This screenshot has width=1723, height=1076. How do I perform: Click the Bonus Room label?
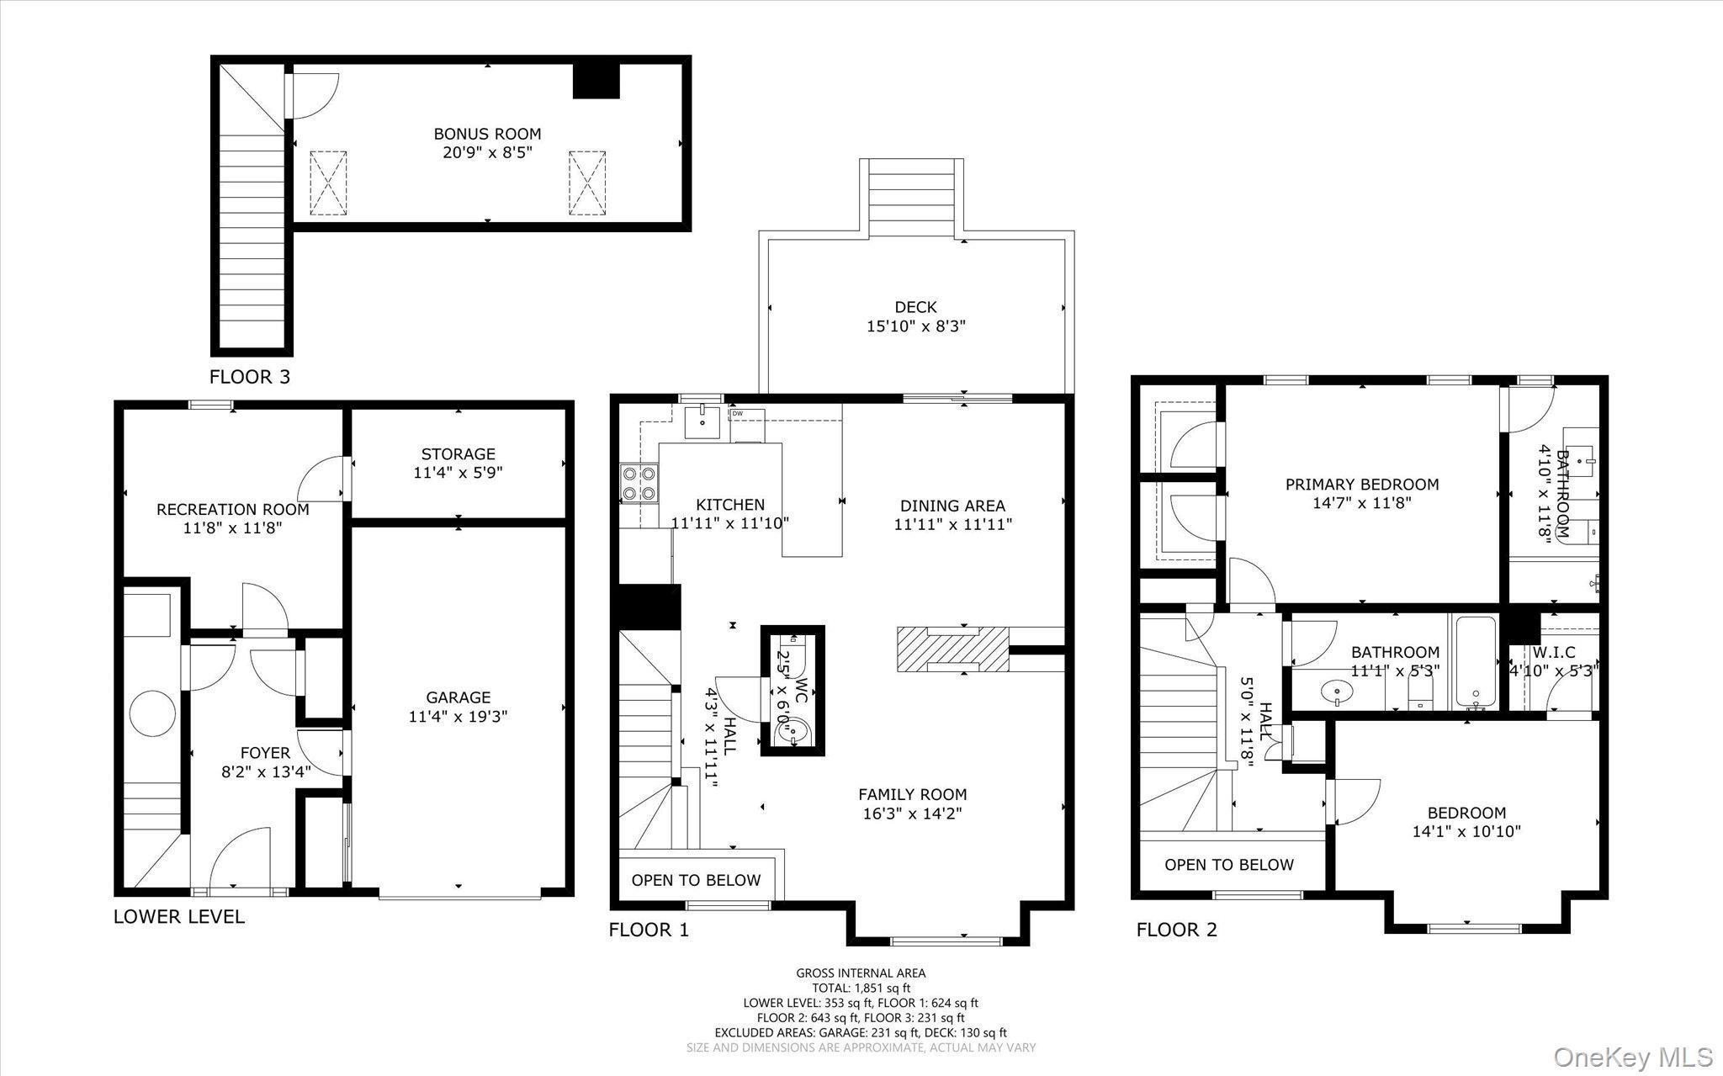coord(487,134)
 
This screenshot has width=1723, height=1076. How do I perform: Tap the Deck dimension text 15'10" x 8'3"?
coord(915,326)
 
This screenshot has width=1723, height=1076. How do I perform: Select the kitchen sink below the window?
coord(702,421)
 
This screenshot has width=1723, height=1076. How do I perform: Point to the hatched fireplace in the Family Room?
coord(952,649)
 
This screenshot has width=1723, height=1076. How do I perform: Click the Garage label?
coord(458,697)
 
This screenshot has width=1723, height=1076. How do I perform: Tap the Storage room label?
coord(458,454)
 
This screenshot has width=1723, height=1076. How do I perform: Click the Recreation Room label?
coord(232,509)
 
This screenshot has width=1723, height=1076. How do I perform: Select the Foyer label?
coord(265,753)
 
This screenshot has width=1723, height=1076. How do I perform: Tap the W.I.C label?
coord(1554,652)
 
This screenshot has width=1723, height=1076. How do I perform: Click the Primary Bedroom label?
coord(1361,485)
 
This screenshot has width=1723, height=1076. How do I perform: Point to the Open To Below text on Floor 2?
coord(1228,865)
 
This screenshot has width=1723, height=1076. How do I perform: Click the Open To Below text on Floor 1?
coord(696,880)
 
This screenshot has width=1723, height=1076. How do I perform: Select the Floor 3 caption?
coord(249,377)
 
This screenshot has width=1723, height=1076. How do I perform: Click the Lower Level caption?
coord(178,916)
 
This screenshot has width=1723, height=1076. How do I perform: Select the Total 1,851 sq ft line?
coord(861,989)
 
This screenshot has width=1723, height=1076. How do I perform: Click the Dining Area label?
coord(952,506)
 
